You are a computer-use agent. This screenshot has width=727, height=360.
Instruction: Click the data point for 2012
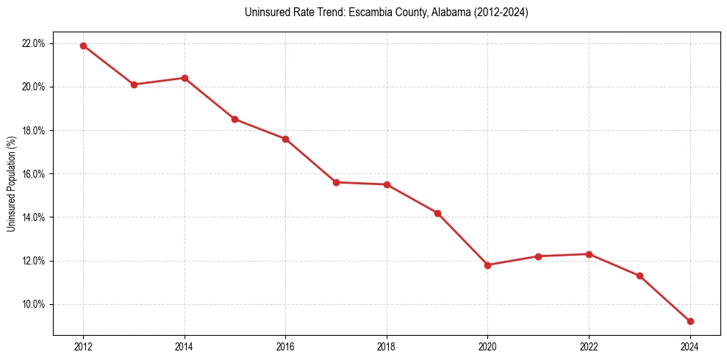click(x=83, y=46)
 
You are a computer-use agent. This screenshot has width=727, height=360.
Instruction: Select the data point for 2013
click(x=134, y=84)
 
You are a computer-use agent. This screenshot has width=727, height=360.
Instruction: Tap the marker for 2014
click(x=185, y=78)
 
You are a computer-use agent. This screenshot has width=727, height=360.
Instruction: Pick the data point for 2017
click(x=336, y=182)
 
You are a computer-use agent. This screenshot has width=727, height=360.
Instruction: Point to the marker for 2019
click(x=437, y=213)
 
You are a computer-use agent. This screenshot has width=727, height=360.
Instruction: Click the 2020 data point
click(x=488, y=265)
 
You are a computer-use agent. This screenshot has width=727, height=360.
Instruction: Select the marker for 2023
click(x=640, y=276)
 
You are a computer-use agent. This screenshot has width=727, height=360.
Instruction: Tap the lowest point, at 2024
click(x=690, y=321)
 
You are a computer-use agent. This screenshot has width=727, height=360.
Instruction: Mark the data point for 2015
click(x=234, y=119)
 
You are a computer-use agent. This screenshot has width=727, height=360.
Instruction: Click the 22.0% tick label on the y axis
click(x=34, y=43)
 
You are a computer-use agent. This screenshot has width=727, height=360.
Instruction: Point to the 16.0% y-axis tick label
click(x=34, y=174)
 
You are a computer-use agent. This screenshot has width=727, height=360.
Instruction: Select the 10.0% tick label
click(x=34, y=304)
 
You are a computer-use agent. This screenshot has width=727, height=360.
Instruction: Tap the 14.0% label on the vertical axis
click(x=34, y=217)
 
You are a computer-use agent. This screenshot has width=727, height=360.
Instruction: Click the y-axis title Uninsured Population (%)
click(x=12, y=184)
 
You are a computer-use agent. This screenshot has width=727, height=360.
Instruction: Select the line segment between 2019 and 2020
click(x=463, y=240)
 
